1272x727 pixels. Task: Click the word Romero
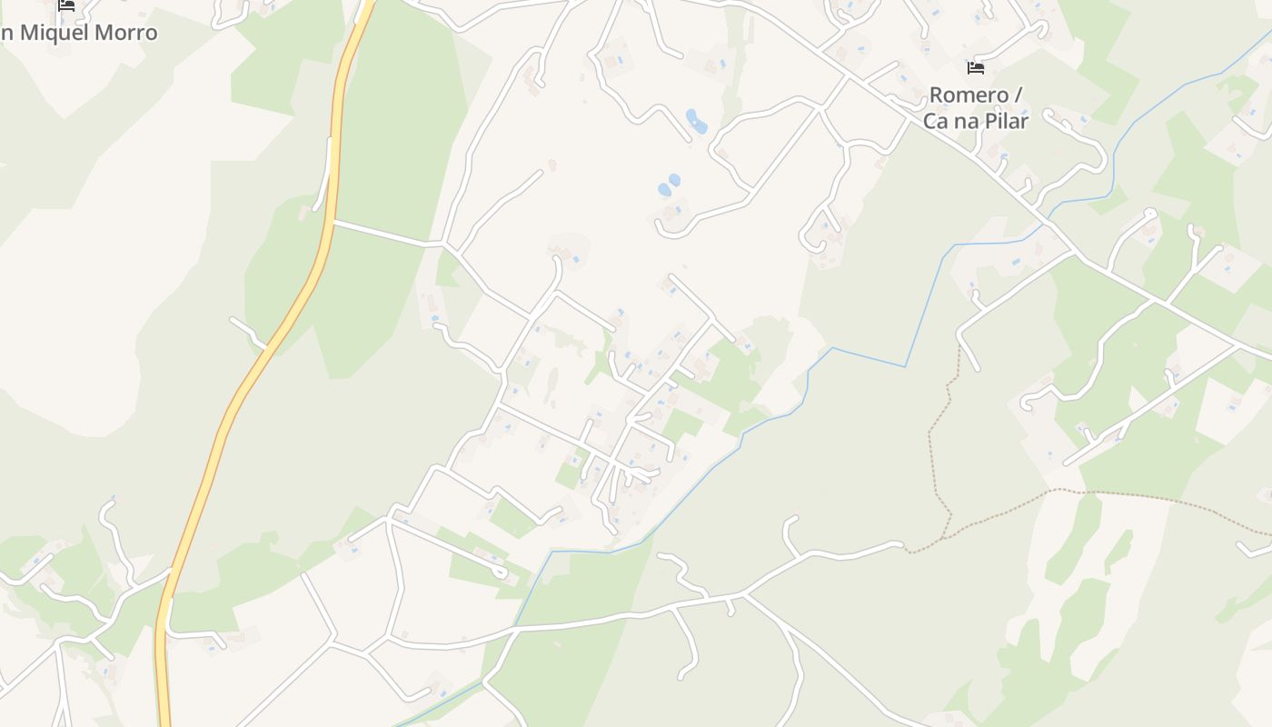coord(969,95)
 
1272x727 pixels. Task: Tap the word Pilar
coord(1006,120)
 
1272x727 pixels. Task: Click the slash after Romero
coord(1018,95)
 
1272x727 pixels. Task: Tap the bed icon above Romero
coord(976,68)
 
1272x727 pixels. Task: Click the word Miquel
coord(55,33)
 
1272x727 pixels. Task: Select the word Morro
coord(127,33)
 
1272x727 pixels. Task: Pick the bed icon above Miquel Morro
coord(66,5)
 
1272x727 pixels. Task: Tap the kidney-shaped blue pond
coord(696,122)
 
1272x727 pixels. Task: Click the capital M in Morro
coord(105,33)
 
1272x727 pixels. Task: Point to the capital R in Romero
coord(937,95)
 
